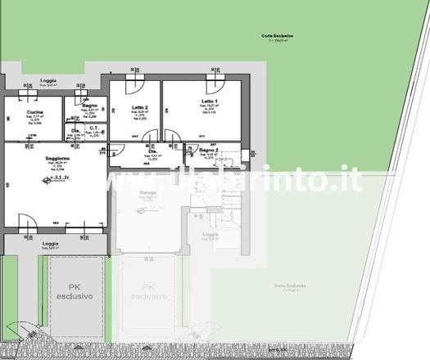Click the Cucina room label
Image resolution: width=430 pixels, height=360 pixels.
pyautogui.click(x=34, y=112)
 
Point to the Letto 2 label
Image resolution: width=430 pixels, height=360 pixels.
pyautogui.click(x=140, y=107)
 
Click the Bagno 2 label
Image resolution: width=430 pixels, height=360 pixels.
pyautogui.click(x=208, y=150)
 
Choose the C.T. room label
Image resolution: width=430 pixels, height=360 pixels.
pyautogui.click(x=94, y=128)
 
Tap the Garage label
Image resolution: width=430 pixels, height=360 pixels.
pyautogui.click(x=147, y=193)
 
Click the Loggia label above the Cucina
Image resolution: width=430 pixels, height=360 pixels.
pyautogui.click(x=48, y=80)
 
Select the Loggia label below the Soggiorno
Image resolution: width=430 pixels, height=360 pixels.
pyautogui.click(x=52, y=242)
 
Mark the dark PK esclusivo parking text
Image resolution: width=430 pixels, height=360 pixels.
pyautogui.click(x=75, y=291)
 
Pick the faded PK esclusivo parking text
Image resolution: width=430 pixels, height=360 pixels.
pyautogui.click(x=149, y=291)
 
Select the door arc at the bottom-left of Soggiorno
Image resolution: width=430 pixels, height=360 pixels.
pyautogui.click(x=26, y=219)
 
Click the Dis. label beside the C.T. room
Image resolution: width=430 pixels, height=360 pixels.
pyautogui.click(x=75, y=130)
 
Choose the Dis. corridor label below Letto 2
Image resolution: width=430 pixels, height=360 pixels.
pyautogui.click(x=152, y=151)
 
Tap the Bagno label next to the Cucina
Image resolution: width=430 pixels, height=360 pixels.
pyautogui.click(x=90, y=106)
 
